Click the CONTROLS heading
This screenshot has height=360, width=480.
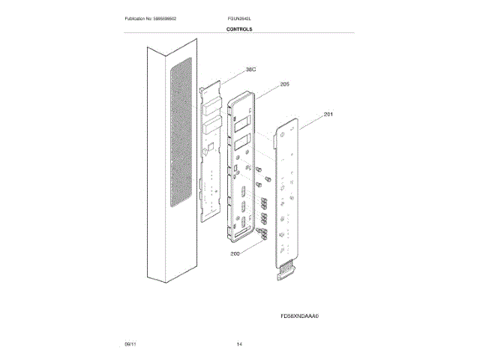pyautogui.click(x=239, y=29)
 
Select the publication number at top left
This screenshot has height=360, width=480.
pyautogui.click(x=155, y=17)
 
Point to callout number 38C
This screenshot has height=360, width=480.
pyautogui.click(x=250, y=70)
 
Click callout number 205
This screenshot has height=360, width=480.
pyautogui.click(x=284, y=85)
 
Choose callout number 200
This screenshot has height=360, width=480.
pyautogui.click(x=235, y=254)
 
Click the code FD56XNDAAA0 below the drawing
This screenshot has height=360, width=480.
pyautogui.click(x=300, y=316)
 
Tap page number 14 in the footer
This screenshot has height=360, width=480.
pyautogui.click(x=239, y=343)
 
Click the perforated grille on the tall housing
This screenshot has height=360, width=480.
pyautogui.click(x=181, y=135)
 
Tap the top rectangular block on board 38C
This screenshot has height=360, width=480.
pyautogui.click(x=211, y=103)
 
